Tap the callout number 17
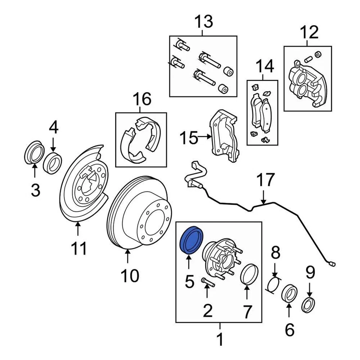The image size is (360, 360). [266, 180]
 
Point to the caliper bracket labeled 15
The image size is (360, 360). [224, 137]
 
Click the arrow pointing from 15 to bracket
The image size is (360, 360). [204, 137]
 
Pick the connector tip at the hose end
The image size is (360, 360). [333, 264]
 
